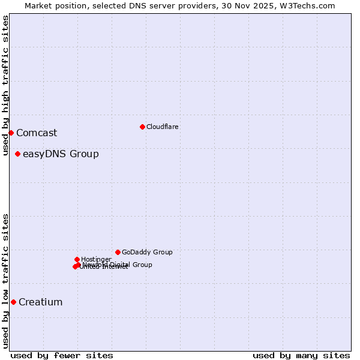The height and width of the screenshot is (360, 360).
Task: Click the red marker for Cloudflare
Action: (142, 127)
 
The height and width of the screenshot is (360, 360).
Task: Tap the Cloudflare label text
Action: (163, 127)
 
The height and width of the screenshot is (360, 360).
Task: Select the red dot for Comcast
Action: (11, 133)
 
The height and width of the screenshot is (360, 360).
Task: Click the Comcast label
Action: (37, 133)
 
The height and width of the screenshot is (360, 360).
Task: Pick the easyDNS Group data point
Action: (17, 154)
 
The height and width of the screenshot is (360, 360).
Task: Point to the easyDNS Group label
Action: (61, 154)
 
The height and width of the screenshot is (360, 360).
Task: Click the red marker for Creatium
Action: (13, 302)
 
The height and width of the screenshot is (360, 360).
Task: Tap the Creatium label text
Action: (41, 302)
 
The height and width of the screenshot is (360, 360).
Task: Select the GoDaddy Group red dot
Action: (118, 252)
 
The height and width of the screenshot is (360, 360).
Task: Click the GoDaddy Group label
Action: (147, 253)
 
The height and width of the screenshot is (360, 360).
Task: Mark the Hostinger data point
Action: (77, 259)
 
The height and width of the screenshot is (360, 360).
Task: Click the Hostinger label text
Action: (96, 259)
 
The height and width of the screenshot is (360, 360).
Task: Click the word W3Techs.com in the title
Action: (308, 6)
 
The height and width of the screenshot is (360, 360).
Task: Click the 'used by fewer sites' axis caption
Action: (62, 356)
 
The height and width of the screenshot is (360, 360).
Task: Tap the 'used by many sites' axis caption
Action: (301, 356)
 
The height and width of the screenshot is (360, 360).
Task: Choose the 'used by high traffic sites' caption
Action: (6, 86)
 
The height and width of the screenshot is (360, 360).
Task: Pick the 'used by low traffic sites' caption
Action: (6, 281)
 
